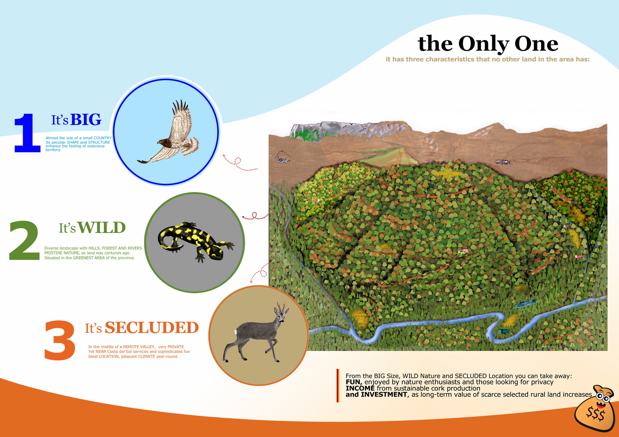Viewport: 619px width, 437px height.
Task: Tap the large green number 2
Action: (x=24, y=240)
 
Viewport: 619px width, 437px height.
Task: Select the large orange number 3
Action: (x=60, y=340)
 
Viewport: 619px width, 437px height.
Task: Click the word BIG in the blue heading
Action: (x=86, y=119)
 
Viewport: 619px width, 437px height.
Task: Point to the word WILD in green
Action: (x=101, y=228)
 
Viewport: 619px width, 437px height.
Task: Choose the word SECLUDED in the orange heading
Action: (x=152, y=327)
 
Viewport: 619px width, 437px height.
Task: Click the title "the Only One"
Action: (x=488, y=44)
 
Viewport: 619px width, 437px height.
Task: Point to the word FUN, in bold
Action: (x=354, y=382)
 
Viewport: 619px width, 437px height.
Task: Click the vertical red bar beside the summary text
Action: (x=338, y=385)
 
